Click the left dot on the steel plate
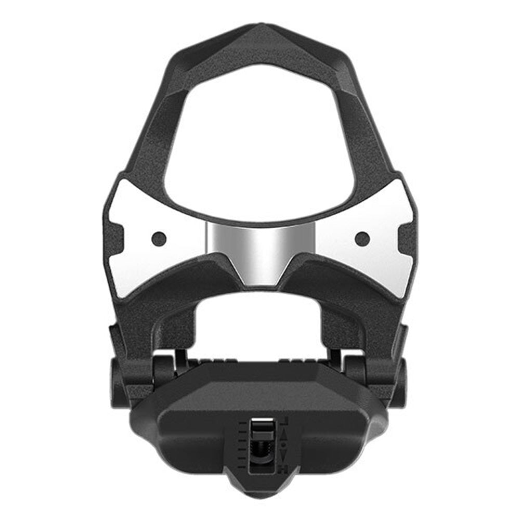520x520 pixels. (159, 239)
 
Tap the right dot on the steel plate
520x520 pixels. (362, 239)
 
